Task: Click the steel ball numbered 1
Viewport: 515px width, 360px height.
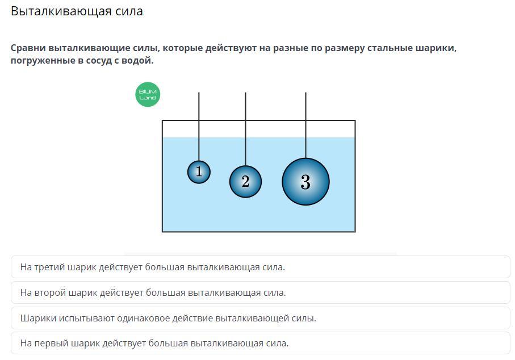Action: coord(199,171)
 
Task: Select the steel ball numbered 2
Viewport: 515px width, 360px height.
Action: coord(245,182)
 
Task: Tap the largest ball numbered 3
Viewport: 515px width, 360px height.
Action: coord(305,182)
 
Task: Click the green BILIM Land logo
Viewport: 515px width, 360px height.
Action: coord(148,94)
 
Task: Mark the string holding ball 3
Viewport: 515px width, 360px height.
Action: coord(305,125)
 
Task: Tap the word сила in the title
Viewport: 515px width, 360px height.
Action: coord(128,11)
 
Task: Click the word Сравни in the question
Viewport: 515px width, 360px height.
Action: coord(27,48)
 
